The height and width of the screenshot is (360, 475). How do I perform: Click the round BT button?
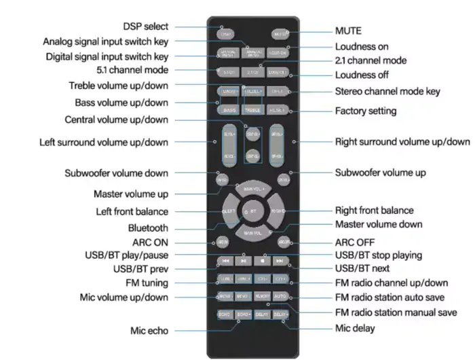(252, 211)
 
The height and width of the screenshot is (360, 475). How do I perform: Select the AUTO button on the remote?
(280, 296)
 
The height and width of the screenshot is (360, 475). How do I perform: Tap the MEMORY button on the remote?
(261, 296)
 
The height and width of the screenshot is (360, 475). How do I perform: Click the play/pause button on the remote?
(244, 260)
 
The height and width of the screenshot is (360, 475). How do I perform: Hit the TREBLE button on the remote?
(252, 109)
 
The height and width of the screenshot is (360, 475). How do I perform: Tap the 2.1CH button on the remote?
(252, 71)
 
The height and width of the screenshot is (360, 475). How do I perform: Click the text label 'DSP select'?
(145, 26)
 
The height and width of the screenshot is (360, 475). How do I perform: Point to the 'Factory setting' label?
(366, 111)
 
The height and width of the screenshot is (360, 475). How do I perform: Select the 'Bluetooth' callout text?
(148, 228)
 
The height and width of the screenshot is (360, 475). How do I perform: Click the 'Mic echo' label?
(149, 331)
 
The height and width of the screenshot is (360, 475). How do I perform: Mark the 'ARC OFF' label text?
(355, 242)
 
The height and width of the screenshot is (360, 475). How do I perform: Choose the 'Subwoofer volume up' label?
(381, 173)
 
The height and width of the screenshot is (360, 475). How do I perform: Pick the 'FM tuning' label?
(147, 283)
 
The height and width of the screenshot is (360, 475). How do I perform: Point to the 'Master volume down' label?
(379, 224)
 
